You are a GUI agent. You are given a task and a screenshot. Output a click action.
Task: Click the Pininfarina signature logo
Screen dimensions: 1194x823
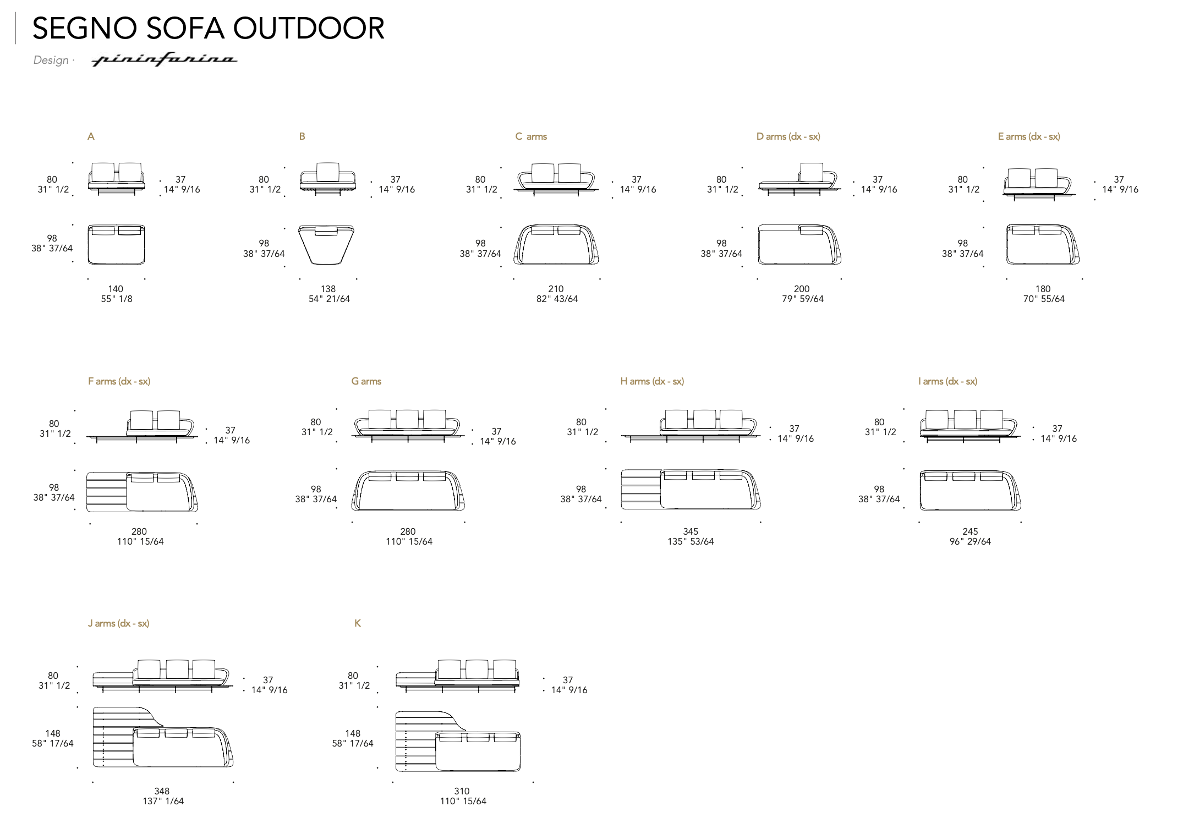[x=164, y=59]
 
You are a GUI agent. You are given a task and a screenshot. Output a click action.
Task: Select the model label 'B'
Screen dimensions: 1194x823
[x=302, y=136]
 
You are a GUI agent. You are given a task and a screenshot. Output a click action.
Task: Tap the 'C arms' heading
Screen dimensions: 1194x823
[x=531, y=136]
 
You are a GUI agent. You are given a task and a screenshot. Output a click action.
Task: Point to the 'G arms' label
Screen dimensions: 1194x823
[x=366, y=381]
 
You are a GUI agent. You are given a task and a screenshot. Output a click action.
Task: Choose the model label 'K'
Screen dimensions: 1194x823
[x=358, y=623]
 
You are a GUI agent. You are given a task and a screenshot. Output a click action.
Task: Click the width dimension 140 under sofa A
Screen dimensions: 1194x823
[x=116, y=289]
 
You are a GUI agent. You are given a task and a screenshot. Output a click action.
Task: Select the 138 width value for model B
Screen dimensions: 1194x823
[x=328, y=289]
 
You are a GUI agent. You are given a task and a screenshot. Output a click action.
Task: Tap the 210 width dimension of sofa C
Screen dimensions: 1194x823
[x=556, y=289]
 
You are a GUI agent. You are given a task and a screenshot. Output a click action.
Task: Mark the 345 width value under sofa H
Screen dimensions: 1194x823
[x=691, y=531]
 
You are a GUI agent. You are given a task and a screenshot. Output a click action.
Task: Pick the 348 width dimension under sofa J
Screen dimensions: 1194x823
[x=162, y=791]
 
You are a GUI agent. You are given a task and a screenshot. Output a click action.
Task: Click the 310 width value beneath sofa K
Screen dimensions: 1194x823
[x=462, y=791]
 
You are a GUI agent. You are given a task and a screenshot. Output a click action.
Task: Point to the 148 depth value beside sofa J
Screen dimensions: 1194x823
[x=53, y=733]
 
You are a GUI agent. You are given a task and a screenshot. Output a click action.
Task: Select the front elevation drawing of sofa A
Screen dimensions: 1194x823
[x=116, y=178]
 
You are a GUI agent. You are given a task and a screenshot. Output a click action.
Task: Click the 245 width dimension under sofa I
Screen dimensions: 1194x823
[x=970, y=531]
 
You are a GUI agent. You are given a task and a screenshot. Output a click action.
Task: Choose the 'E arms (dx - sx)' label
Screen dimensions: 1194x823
[x=1029, y=136]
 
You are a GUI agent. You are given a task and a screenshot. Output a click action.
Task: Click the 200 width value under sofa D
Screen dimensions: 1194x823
[x=802, y=289]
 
